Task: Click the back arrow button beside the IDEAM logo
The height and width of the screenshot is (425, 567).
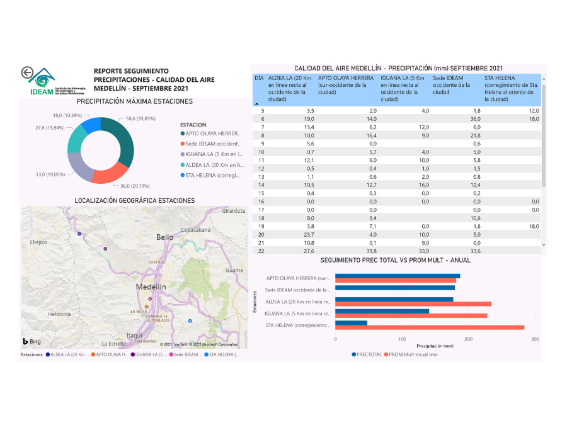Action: coord(27,73)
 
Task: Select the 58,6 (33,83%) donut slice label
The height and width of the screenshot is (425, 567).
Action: coord(140,118)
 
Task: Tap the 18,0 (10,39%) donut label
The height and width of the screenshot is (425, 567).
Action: coord(67,115)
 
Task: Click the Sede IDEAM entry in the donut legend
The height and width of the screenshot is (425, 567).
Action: coord(213,144)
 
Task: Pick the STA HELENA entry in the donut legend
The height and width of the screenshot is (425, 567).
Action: coord(213,176)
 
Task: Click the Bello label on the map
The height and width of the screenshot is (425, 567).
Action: coord(165,237)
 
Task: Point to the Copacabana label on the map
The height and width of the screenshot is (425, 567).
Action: coord(195,230)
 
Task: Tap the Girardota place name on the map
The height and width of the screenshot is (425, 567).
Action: coord(234,211)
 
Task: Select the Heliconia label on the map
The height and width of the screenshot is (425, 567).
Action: coord(60,314)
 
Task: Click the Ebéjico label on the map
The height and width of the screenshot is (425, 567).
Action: coord(38,242)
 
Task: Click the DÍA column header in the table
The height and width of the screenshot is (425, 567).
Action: coord(259,78)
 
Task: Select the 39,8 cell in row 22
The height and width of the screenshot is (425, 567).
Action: coord(369,251)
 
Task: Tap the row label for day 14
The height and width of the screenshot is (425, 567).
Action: coord(262,184)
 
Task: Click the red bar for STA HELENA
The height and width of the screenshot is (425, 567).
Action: coord(429,327)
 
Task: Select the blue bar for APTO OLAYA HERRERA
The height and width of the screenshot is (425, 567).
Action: coord(397,276)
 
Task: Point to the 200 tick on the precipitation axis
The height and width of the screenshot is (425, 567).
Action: coord(468,339)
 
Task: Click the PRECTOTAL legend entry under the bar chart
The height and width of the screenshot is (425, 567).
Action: coord(368,354)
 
